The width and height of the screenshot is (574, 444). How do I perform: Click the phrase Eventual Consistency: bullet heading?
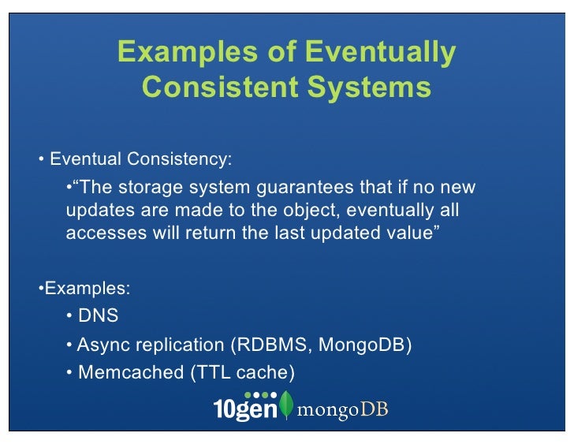140,159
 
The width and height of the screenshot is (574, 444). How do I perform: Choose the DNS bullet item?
98,316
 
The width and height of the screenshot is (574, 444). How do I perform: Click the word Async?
100,345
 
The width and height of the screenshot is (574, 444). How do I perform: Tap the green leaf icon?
286,405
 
